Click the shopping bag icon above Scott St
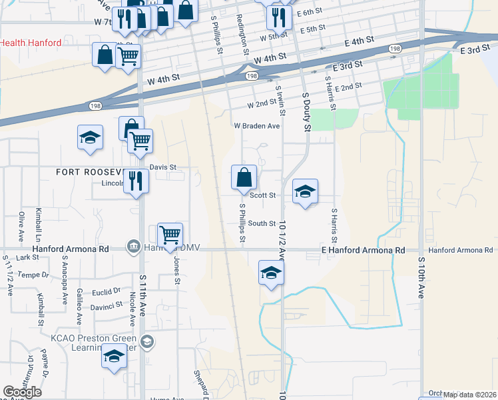(x=244, y=178)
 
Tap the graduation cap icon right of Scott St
(x=305, y=191)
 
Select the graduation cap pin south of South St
(x=271, y=273)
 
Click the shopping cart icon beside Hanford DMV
(x=170, y=235)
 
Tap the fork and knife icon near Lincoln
(x=136, y=181)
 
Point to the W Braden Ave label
(x=256, y=126)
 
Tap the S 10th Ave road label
(x=421, y=274)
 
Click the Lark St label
(x=28, y=257)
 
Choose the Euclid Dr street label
(x=107, y=291)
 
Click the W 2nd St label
(x=261, y=105)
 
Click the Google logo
(x=23, y=392)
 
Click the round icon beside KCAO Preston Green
(x=147, y=342)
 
